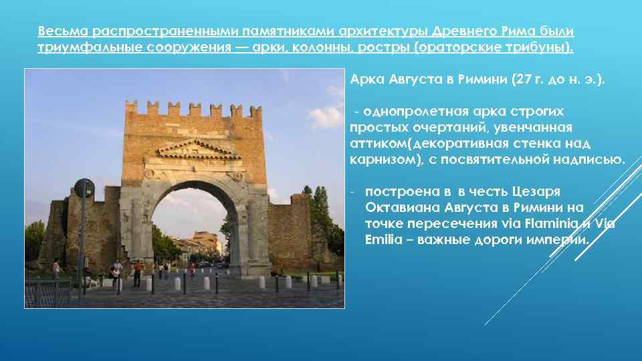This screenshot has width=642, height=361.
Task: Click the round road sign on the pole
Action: [x=84, y=189]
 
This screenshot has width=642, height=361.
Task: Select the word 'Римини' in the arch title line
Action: [x=481, y=80]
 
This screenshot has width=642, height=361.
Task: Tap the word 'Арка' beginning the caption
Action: [x=367, y=80]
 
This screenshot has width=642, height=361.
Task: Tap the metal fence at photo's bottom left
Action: [x=47, y=291]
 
